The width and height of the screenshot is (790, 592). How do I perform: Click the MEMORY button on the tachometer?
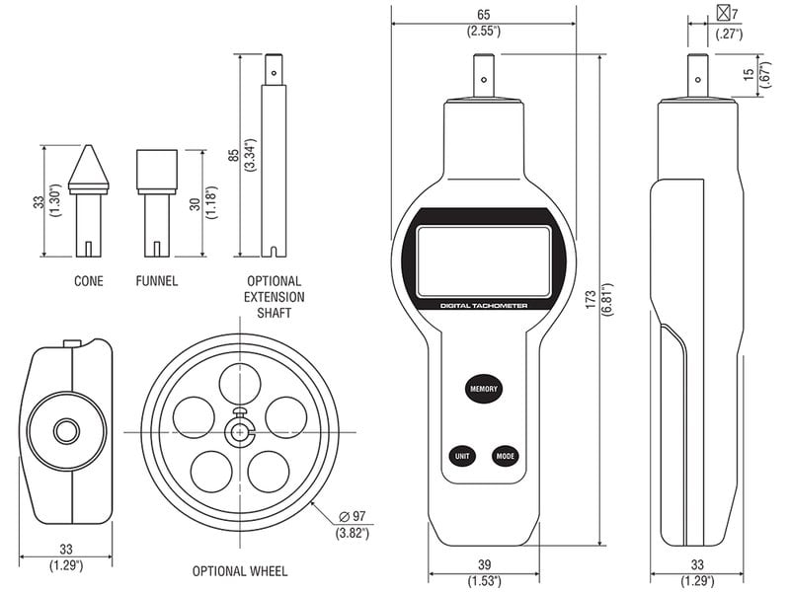484,388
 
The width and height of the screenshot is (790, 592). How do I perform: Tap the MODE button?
507,456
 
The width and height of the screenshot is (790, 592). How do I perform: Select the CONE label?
88,281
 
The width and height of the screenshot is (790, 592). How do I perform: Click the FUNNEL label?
157,281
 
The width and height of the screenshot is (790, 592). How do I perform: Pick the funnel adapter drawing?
156,197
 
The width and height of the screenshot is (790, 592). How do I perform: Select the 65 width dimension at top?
483,15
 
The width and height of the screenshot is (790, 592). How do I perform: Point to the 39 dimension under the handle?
484,563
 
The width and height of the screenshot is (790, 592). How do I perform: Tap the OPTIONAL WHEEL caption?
240,571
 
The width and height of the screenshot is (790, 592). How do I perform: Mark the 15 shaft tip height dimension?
750,74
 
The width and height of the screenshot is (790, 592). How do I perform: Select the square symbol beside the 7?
724,14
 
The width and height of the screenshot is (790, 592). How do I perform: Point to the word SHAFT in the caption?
275,314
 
